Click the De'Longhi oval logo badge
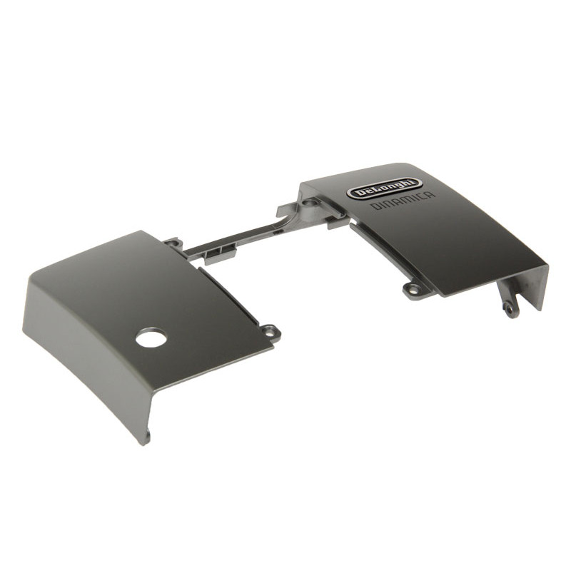click(x=384, y=188)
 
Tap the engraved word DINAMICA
click(x=403, y=201)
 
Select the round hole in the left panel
click(x=151, y=338)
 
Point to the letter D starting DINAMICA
click(x=374, y=207)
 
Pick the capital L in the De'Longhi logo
click(x=380, y=189)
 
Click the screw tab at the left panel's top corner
click(x=173, y=243)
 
